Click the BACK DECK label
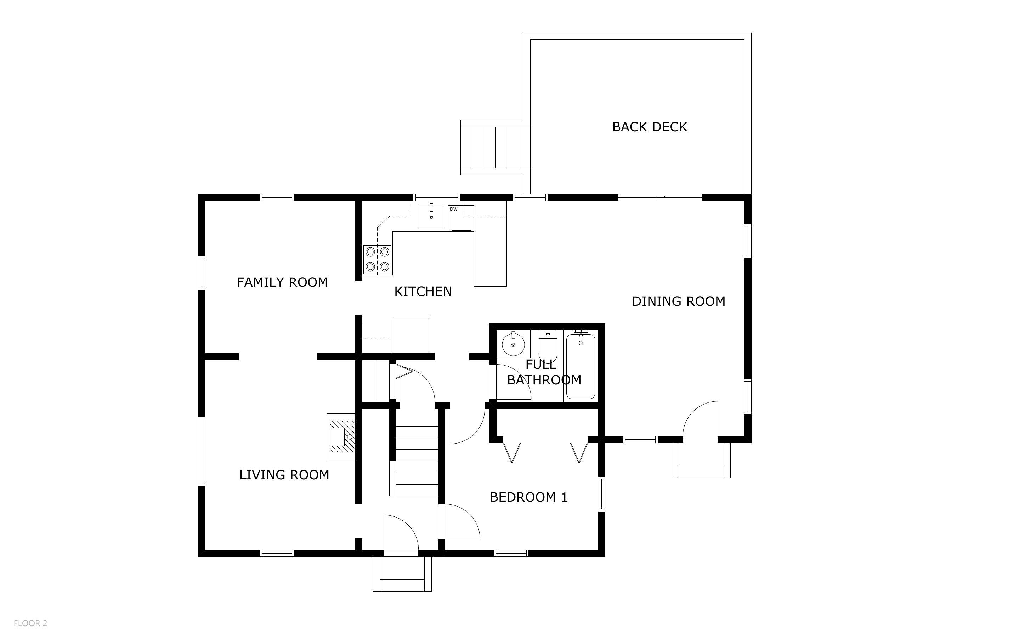(x=650, y=127)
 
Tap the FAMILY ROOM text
(x=282, y=282)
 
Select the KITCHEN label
(x=423, y=292)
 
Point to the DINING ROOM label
(x=679, y=301)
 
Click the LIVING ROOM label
(x=284, y=475)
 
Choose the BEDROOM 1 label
(x=528, y=497)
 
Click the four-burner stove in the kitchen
(x=377, y=259)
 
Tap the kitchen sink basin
(x=431, y=217)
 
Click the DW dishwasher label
(x=453, y=209)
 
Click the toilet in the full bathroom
(x=548, y=346)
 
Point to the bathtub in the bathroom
(x=581, y=366)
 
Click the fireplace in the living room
(x=341, y=437)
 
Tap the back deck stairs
(x=495, y=147)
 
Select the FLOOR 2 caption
(x=30, y=623)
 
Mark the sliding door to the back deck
(x=660, y=197)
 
